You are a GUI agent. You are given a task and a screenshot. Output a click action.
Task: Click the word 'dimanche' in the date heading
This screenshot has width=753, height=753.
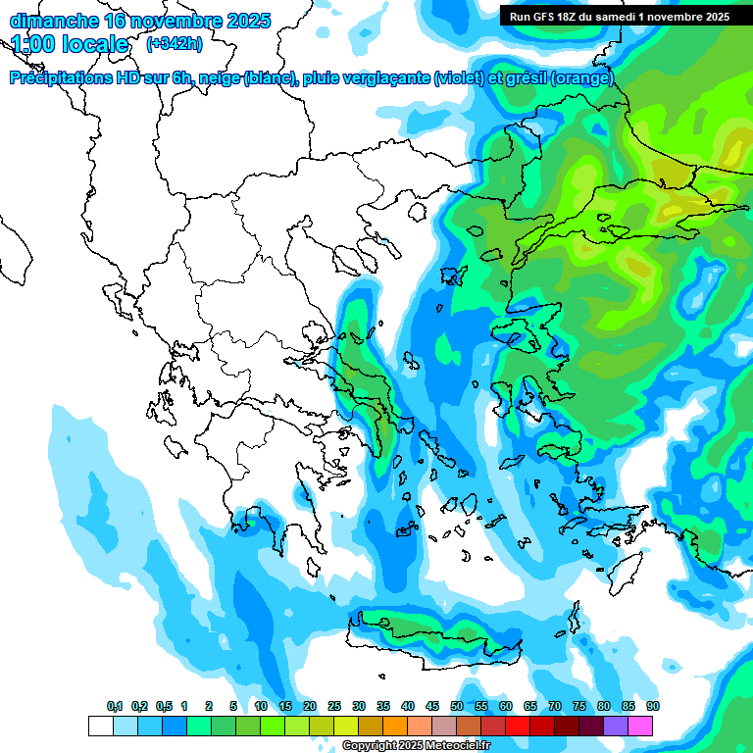pyautogui.click(x=53, y=22)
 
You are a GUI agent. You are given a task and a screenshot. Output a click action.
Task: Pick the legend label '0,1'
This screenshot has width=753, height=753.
pyautogui.click(x=114, y=707)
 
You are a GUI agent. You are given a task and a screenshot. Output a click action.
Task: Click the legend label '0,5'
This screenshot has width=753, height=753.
pyautogui.click(x=163, y=707)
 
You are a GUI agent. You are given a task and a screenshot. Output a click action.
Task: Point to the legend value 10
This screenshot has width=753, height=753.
pyautogui.click(x=261, y=707)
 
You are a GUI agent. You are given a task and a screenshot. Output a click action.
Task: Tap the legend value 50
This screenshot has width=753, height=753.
pyautogui.click(x=457, y=707)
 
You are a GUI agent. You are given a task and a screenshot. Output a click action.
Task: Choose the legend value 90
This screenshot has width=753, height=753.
pyautogui.click(x=653, y=707)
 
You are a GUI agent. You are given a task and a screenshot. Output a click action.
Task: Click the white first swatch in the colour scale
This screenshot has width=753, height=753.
pyautogui.click(x=100, y=726)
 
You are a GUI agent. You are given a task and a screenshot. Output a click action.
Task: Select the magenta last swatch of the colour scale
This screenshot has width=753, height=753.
pyautogui.click(x=640, y=726)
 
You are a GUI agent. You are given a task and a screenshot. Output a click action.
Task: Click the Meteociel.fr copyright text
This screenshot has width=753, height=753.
pyautogui.click(x=416, y=746)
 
